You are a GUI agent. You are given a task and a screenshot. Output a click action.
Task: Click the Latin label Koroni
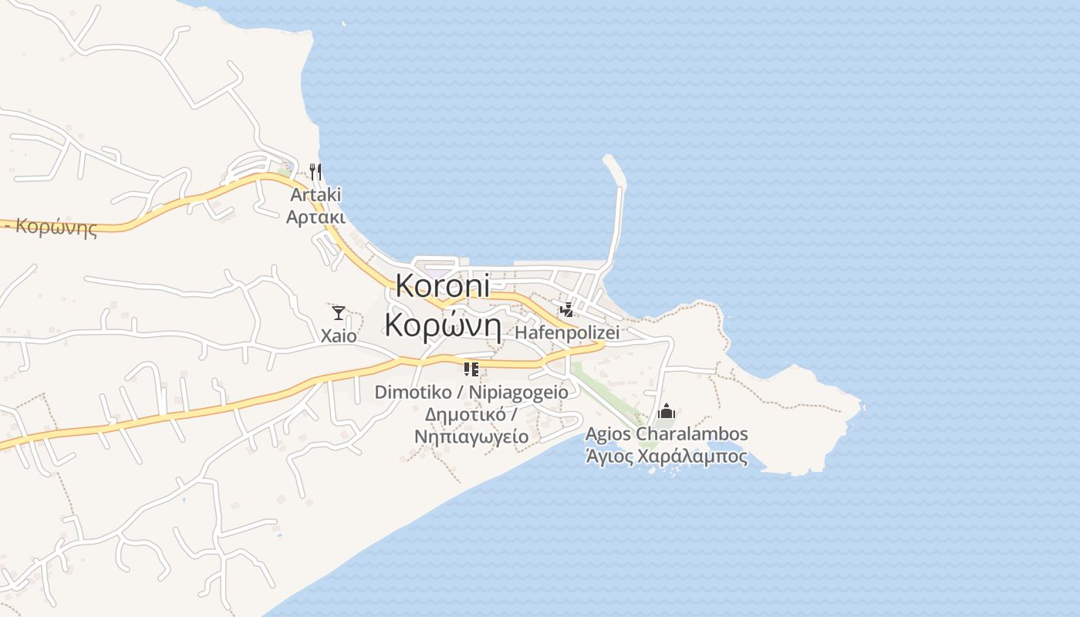pyautogui.click(x=442, y=286)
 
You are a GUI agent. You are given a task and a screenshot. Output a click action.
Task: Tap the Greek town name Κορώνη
pyautogui.click(x=444, y=325)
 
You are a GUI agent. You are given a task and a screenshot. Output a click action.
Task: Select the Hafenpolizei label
pyautogui.click(x=567, y=333)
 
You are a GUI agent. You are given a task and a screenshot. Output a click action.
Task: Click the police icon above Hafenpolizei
pyautogui.click(x=567, y=310)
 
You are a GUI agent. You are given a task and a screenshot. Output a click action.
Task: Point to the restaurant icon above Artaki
pyautogui.click(x=315, y=170)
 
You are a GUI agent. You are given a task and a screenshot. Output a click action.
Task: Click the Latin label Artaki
pyautogui.click(x=316, y=194)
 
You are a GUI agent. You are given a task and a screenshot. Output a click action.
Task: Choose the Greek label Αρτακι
pyautogui.click(x=316, y=217)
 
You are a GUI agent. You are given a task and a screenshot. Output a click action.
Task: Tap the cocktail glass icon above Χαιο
pyautogui.click(x=339, y=312)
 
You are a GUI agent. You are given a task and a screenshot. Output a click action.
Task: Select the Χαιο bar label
pyautogui.click(x=339, y=335)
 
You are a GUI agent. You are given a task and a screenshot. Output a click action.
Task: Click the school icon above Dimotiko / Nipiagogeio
pyautogui.click(x=471, y=369)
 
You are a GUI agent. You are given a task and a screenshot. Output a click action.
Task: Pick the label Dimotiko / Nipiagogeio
pyautogui.click(x=471, y=392)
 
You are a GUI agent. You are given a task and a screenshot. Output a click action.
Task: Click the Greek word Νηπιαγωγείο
pyautogui.click(x=471, y=437)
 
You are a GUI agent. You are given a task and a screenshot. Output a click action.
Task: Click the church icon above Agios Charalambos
pyautogui.click(x=667, y=411)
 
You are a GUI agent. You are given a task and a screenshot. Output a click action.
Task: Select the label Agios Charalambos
pyautogui.click(x=667, y=433)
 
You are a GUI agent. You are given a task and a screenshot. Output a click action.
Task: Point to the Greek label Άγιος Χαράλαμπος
pyautogui.click(x=667, y=456)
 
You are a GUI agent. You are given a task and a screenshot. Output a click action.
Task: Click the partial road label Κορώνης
pyautogui.click(x=56, y=228)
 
